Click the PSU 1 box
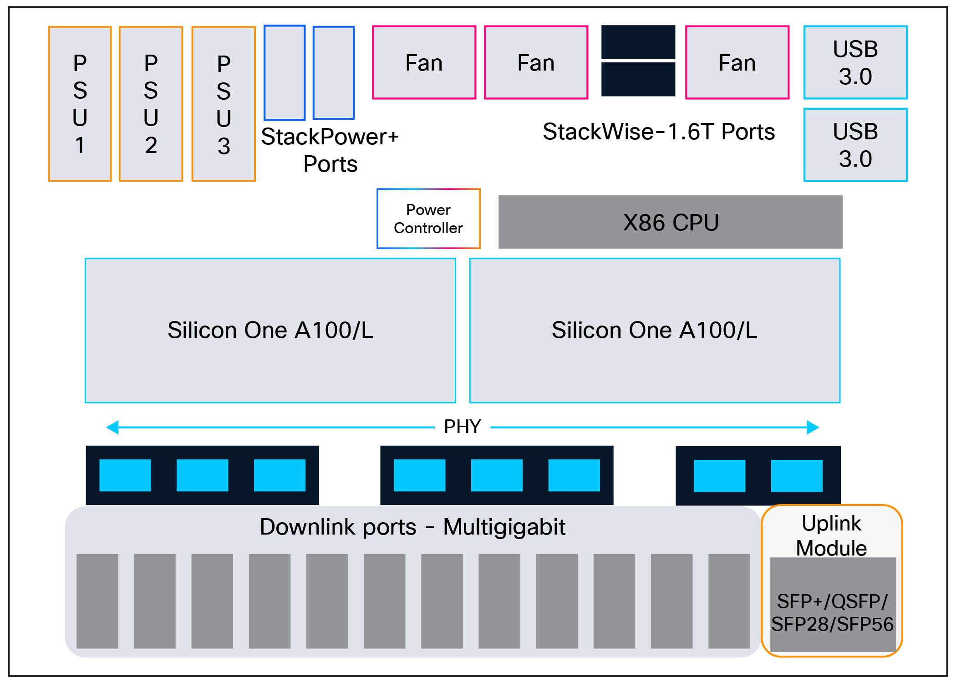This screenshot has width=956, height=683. click(80, 104)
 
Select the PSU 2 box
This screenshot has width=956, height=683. click(151, 104)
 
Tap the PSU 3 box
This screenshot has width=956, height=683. click(224, 104)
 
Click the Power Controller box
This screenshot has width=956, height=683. click(428, 219)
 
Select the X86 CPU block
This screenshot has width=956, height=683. click(671, 222)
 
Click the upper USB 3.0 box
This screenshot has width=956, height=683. click(855, 62)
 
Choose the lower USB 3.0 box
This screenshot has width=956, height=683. click(855, 145)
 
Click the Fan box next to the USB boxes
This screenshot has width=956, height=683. click(737, 62)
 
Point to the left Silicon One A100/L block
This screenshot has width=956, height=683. click(270, 331)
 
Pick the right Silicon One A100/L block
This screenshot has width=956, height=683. click(655, 331)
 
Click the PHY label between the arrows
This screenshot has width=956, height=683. click(463, 427)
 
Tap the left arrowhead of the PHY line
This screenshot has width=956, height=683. click(112, 427)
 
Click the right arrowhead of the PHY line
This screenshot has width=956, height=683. click(813, 427)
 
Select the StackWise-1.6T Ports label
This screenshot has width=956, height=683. click(659, 132)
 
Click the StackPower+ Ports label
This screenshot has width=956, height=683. click(330, 150)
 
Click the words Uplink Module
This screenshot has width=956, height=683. click(831, 535)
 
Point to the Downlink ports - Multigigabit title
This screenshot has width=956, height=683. click(412, 527)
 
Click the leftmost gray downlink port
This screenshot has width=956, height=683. click(97, 601)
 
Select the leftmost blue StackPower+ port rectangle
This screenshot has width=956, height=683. click(285, 73)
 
